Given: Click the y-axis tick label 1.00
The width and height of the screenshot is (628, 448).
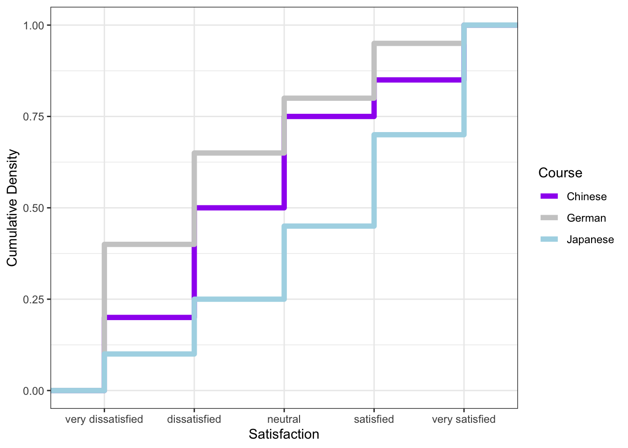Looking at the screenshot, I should (x=33, y=25).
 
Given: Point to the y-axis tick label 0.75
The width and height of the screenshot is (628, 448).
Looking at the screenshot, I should (x=33, y=117).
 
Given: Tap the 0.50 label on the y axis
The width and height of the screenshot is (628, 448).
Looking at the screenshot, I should (x=33, y=208).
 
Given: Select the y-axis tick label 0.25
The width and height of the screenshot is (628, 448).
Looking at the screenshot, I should (x=33, y=299).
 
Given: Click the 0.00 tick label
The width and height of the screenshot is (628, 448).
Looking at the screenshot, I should (x=33, y=391).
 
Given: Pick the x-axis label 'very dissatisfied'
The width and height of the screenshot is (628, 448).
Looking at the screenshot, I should (x=104, y=419).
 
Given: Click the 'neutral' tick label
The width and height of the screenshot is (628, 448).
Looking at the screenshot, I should (x=284, y=419).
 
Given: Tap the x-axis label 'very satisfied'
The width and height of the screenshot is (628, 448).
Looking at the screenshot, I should (x=464, y=419).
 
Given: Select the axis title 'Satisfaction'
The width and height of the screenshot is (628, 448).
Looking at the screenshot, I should (x=284, y=434).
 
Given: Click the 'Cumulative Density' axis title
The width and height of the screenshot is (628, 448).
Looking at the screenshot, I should (x=12, y=208).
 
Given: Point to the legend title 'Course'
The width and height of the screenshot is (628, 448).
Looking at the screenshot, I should (x=560, y=173).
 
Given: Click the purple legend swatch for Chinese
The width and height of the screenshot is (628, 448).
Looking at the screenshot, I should (x=549, y=196).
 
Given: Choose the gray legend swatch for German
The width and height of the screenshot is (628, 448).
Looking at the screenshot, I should (x=549, y=218).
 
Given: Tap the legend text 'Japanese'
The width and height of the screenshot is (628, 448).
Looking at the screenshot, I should (x=590, y=239).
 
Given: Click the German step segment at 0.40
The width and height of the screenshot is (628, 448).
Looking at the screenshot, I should (x=150, y=244).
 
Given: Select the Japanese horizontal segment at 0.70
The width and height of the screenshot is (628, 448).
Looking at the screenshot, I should (x=419, y=135).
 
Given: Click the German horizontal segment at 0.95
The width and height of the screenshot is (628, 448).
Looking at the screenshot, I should (x=419, y=44).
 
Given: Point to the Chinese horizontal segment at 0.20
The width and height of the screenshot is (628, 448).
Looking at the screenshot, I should (x=150, y=318).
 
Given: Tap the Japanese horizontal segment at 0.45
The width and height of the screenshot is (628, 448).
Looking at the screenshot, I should (x=329, y=226).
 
